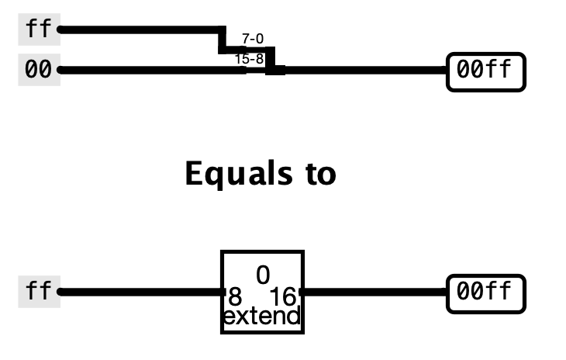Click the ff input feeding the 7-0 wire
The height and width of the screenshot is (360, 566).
tap(39, 30)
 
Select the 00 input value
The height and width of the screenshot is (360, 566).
tap(39, 70)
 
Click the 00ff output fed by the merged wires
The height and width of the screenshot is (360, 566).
tap(485, 71)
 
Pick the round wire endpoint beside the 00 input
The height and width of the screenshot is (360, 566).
tap(60, 70)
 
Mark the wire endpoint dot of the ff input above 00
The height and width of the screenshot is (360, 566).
tap(60, 30)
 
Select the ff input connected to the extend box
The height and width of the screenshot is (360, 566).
tap(39, 292)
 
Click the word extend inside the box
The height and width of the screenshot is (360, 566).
tap(262, 317)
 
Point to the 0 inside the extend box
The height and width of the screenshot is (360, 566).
tap(263, 274)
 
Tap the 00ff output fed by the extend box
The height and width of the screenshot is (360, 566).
tap(485, 292)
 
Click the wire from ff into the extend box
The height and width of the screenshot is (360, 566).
tap(140, 292)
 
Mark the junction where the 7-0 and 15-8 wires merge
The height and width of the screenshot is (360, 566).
tap(275, 70)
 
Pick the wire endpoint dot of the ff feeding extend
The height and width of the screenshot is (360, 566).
tap(60, 292)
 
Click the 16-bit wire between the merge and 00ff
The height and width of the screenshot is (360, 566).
tap(364, 70)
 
